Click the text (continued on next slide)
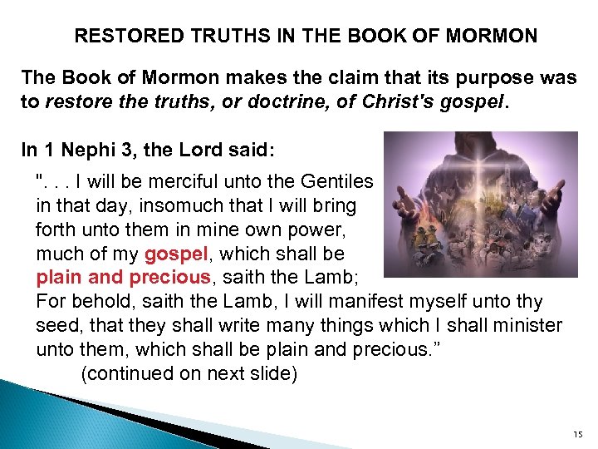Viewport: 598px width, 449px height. pyautogui.click(x=189, y=373)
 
